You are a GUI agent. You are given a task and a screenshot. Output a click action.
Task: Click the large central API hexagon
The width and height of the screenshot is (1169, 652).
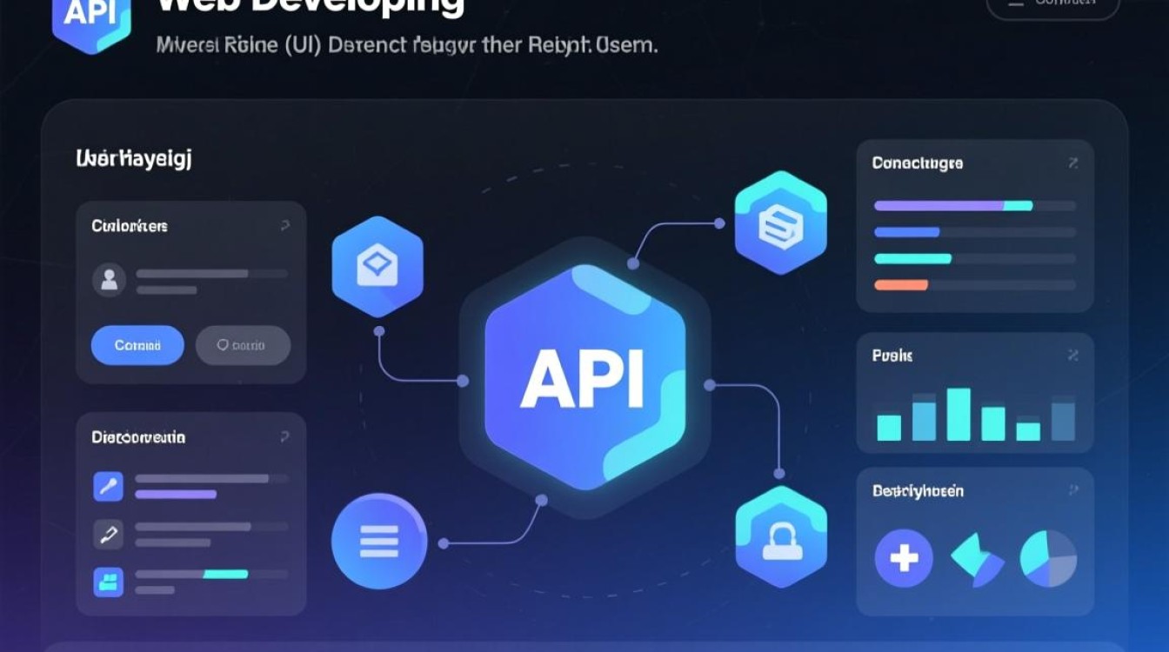tap(584, 378)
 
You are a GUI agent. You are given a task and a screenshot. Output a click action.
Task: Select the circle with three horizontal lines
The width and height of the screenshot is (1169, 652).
tap(378, 541)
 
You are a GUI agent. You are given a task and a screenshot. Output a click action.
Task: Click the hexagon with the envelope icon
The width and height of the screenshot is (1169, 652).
tap(377, 266)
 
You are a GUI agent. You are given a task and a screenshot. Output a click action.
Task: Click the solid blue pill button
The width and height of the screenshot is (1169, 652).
tap(137, 345)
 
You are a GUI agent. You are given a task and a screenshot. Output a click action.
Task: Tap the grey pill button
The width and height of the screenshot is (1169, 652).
tap(243, 345)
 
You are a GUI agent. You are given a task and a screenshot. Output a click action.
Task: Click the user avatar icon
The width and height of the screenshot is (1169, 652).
tap(110, 279)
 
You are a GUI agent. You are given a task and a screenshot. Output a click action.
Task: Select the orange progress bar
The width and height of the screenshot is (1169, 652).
tap(901, 284)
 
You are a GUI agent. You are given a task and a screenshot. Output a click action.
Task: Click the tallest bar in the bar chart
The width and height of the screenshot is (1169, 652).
tap(959, 414)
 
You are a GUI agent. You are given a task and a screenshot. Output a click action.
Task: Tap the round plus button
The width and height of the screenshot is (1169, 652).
tap(904, 557)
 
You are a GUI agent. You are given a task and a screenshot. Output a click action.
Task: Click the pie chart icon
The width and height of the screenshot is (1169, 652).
tap(1048, 558)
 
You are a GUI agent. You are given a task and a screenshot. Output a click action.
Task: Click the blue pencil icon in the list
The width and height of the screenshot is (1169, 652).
tap(109, 486)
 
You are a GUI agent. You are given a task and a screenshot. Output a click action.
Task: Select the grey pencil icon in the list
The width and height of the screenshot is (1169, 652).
tap(109, 534)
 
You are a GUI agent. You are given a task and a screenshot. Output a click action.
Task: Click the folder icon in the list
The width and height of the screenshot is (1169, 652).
tap(109, 581)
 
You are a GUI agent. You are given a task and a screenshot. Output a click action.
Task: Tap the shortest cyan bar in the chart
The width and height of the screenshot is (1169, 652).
tap(1028, 431)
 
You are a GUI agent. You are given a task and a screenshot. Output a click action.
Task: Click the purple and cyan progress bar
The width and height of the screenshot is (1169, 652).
tap(953, 206)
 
